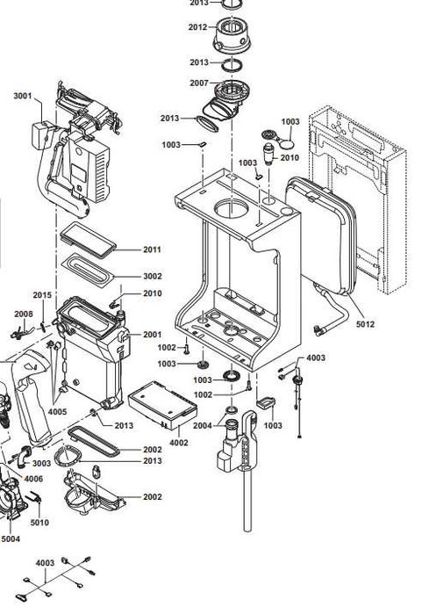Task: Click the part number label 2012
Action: pos(197,27)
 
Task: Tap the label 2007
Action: pos(199,83)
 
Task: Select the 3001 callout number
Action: pos(23,96)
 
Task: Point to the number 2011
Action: pos(152,249)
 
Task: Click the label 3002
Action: pos(152,276)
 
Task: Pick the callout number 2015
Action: pos(42,295)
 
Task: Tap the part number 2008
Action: pos(24,314)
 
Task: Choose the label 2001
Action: pos(152,335)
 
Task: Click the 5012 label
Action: pos(365,324)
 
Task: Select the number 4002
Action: pos(179,443)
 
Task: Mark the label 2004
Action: pos(202,426)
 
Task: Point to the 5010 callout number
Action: pos(39,523)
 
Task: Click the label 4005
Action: pos(58,412)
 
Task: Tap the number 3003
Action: pos(41,463)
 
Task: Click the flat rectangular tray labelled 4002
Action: pos(162,405)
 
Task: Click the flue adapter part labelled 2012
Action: pos(232,35)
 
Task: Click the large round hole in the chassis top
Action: pos(232,208)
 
